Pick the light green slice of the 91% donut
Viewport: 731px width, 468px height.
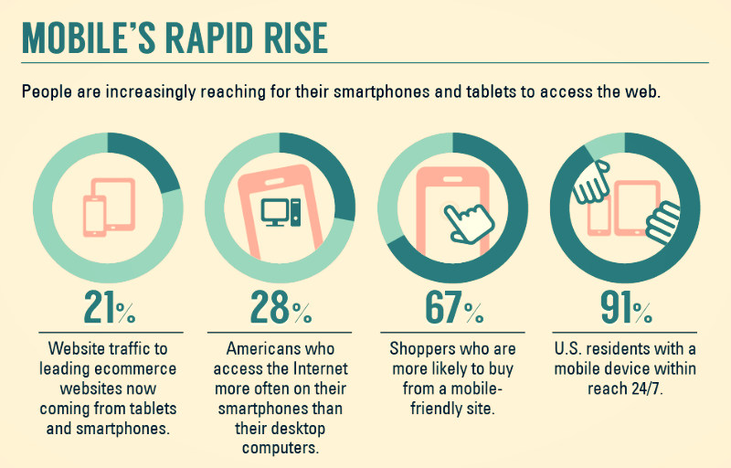coord(604,144)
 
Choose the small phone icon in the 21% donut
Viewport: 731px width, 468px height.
coord(95,216)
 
